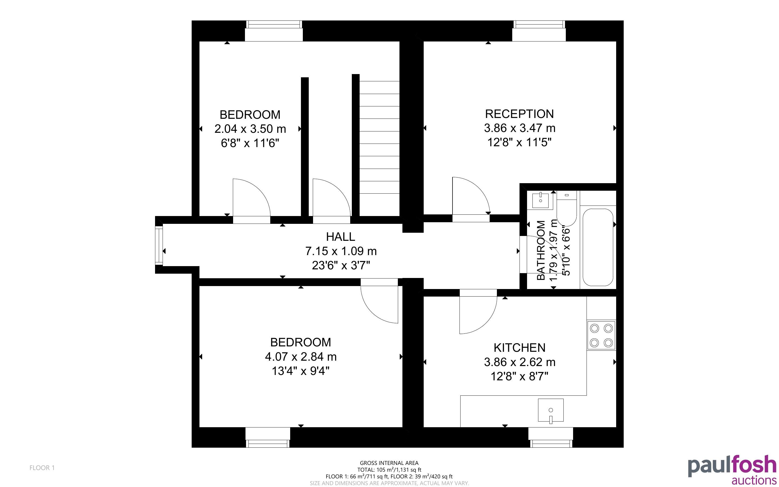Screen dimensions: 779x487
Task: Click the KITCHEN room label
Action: (519, 348)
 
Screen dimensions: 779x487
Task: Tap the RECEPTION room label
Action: (519, 114)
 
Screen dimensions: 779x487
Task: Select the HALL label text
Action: (341, 237)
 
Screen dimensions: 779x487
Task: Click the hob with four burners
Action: (601, 335)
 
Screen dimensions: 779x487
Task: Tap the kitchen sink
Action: (550, 410)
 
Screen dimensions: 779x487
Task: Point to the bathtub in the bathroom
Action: (598, 247)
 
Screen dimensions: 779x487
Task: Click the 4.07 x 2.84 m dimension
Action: (300, 357)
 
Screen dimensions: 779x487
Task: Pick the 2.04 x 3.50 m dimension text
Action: (250, 129)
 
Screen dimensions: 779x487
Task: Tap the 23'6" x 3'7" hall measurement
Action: (341, 265)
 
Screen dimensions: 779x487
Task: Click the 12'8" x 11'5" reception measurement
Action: (519, 142)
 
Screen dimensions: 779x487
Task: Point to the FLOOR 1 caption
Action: (42, 468)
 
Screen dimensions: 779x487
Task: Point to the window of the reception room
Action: (539, 31)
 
